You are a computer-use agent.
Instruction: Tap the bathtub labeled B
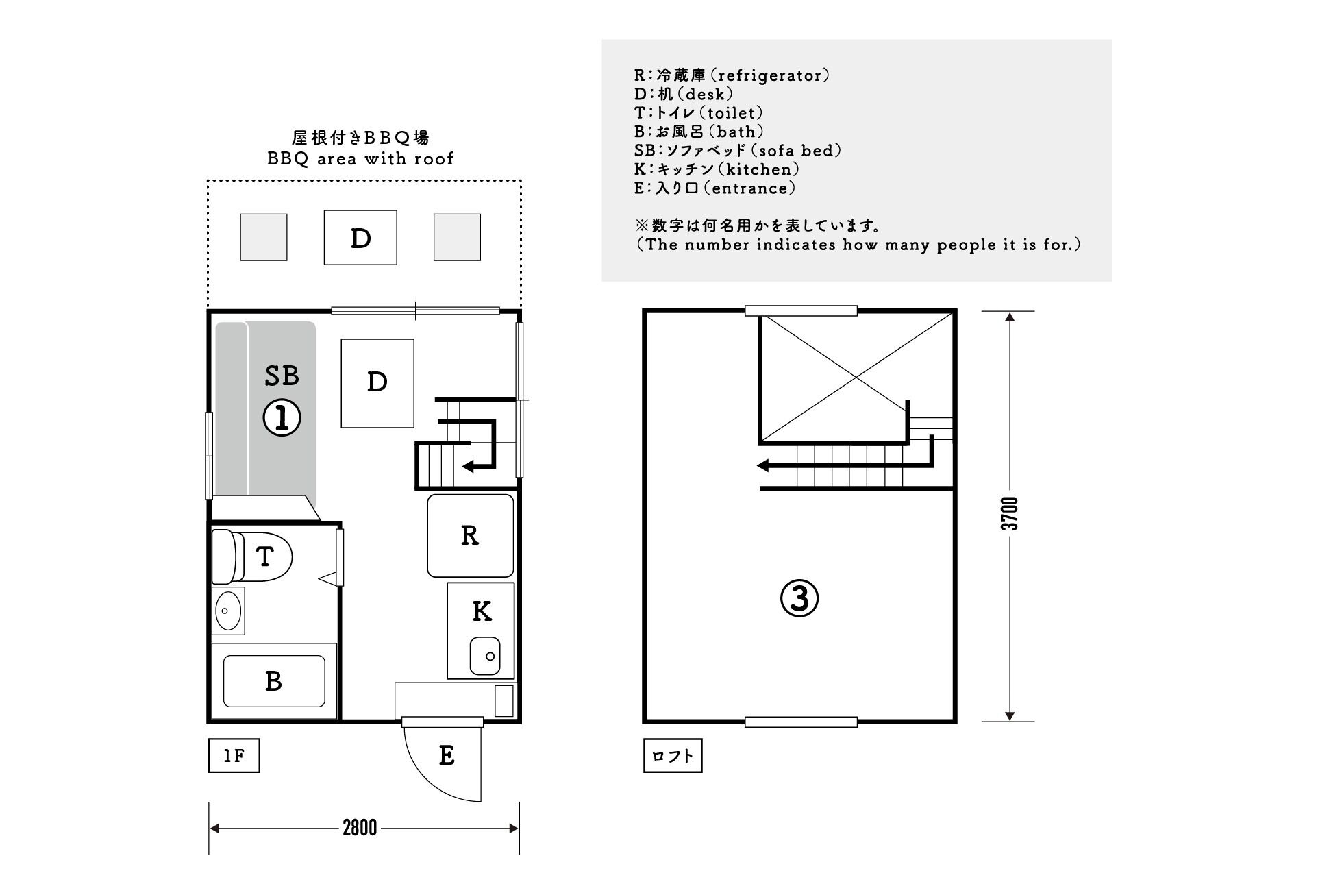click(274, 681)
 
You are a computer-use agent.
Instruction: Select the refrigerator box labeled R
click(470, 535)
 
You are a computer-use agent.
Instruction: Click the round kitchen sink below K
click(485, 656)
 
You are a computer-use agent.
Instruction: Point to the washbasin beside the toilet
click(227, 610)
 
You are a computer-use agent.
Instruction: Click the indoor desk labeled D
click(377, 382)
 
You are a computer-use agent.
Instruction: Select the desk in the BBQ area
click(360, 237)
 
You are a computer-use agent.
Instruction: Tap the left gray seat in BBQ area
click(263, 237)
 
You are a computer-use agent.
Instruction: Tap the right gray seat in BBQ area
click(457, 237)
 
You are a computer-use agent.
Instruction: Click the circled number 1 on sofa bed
click(282, 417)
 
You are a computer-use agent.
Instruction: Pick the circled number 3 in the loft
click(799, 598)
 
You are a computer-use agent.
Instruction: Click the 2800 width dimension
click(360, 828)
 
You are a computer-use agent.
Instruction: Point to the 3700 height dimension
click(1010, 514)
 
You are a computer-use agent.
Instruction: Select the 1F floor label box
click(234, 756)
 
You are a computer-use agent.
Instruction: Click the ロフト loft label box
click(673, 756)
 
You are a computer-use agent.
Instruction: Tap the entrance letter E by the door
click(447, 755)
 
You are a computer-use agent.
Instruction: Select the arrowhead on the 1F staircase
click(469, 467)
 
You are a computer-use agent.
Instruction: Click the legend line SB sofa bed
click(738, 151)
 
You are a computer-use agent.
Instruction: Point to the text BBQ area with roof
click(360, 159)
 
